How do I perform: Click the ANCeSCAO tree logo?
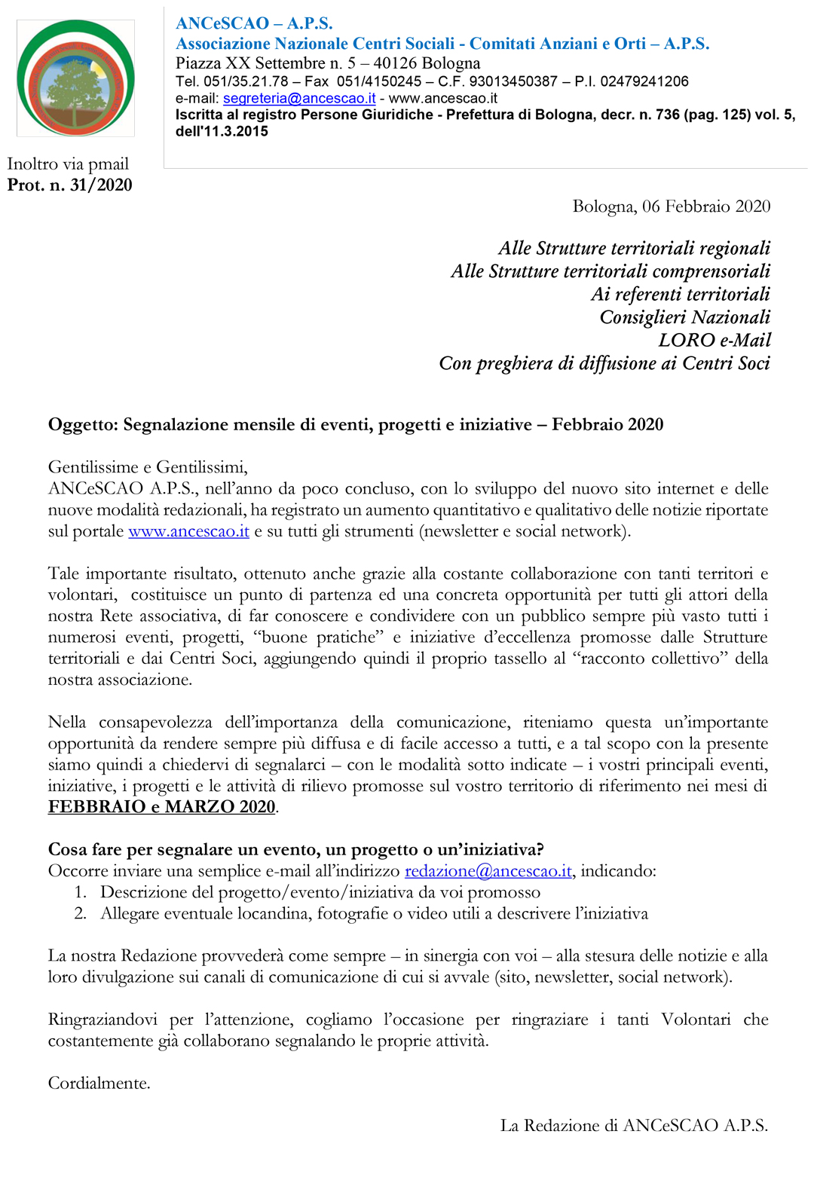click(75, 78)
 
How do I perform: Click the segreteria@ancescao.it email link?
click(299, 98)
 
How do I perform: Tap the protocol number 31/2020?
click(101, 185)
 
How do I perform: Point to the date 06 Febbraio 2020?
click(706, 206)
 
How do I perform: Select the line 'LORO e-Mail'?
click(714, 340)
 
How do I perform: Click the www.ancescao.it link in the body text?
click(188, 531)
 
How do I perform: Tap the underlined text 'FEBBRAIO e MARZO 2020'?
click(162, 807)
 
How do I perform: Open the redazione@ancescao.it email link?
click(488, 871)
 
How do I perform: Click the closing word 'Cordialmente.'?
click(99, 1084)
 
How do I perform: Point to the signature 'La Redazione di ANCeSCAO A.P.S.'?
click(634, 1126)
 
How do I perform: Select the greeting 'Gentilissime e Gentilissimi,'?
click(148, 467)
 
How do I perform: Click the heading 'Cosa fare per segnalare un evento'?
click(295, 850)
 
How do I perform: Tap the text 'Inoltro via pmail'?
click(68, 164)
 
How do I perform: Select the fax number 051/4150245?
click(379, 81)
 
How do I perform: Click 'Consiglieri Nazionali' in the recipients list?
click(684, 317)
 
